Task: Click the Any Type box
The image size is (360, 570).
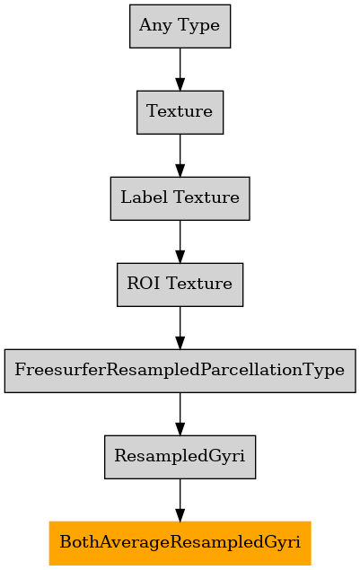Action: coord(180,26)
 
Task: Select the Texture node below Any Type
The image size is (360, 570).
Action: coord(180,112)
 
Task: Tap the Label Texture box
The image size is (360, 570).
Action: coord(180,198)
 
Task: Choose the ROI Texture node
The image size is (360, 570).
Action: coord(180,285)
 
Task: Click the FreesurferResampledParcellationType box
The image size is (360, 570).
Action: coord(180,371)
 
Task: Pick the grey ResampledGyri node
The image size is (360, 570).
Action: coord(180,457)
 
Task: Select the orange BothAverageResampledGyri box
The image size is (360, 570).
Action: coord(180,543)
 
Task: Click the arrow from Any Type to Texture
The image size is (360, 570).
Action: coord(180,69)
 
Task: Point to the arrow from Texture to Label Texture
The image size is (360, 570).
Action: coord(180,155)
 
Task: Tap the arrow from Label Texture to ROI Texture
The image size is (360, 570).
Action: coord(180,241)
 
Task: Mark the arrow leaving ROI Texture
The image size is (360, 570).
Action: coord(180,328)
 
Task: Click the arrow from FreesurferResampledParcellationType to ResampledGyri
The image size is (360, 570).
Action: coord(180,414)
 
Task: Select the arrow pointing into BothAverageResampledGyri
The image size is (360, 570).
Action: coord(180,500)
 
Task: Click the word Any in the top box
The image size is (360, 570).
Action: coord(155,26)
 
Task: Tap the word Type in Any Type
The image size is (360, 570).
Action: coord(199,26)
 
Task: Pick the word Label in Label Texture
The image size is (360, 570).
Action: coord(144,197)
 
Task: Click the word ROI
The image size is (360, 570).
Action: coord(143,284)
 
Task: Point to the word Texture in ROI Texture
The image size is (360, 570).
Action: coord(199,284)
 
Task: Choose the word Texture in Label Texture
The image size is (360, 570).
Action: coord(206,197)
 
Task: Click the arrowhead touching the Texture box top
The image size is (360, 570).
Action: coord(180,84)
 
